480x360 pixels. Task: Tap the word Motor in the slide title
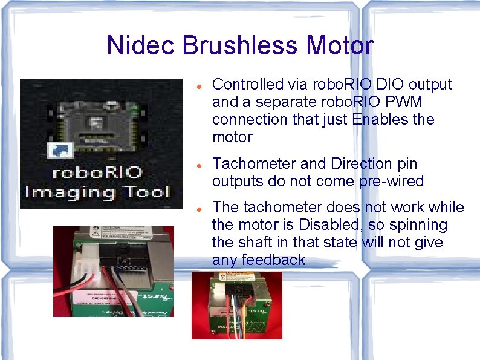coord(340,45)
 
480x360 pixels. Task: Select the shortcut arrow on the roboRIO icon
coord(60,150)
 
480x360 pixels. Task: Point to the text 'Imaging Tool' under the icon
coord(97,192)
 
